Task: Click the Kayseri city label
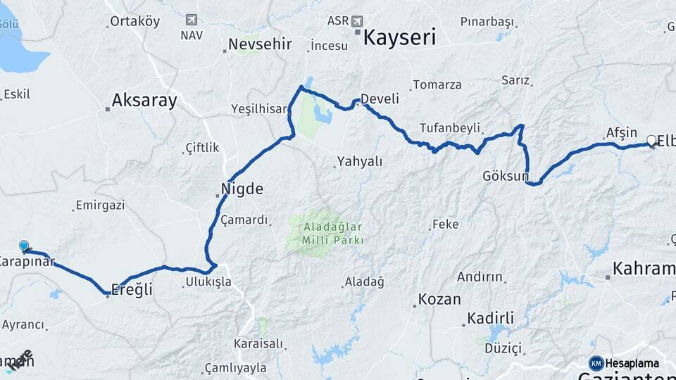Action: (399, 37)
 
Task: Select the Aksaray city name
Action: (144, 101)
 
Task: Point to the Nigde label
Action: (242, 189)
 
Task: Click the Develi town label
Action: (380, 99)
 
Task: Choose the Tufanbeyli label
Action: (450, 128)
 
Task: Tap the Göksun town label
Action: (505, 176)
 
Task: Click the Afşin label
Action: (622, 132)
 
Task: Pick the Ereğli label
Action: (133, 289)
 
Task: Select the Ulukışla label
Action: (208, 282)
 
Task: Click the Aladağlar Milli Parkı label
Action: (334, 234)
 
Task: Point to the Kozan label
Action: (439, 299)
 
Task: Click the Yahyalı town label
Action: (360, 162)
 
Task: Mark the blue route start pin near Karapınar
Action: (24, 246)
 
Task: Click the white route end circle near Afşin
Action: (651, 139)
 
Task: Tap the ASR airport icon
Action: (357, 20)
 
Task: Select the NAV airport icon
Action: (191, 20)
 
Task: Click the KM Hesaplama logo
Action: (624, 363)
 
